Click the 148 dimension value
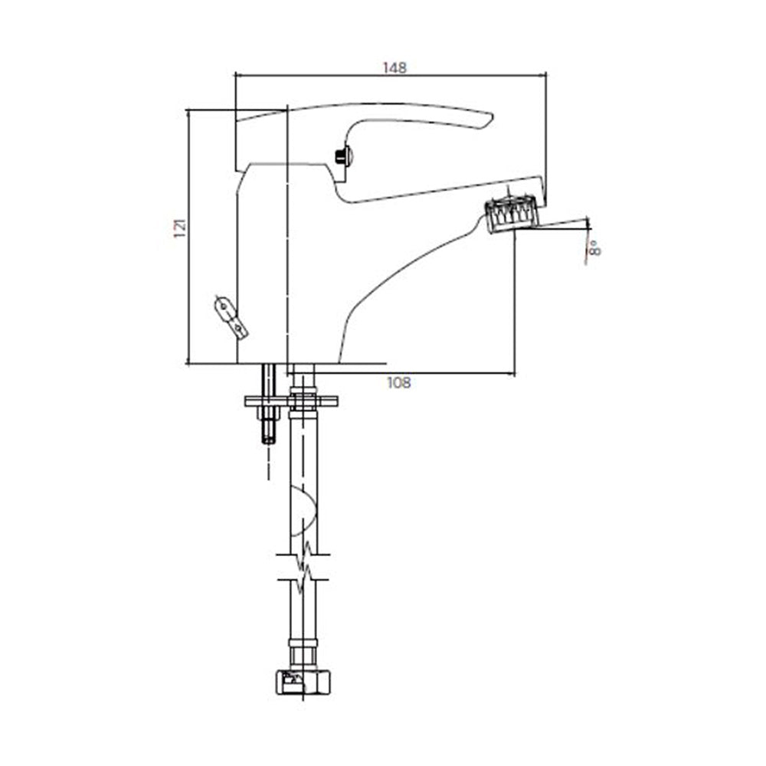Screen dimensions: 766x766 (394, 67)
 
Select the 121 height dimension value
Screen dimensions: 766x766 (180, 227)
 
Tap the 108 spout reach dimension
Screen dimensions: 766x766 (398, 382)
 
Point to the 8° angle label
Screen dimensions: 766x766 (594, 247)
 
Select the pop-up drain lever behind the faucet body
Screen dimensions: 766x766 (231, 316)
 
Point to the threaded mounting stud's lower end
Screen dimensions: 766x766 (269, 439)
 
